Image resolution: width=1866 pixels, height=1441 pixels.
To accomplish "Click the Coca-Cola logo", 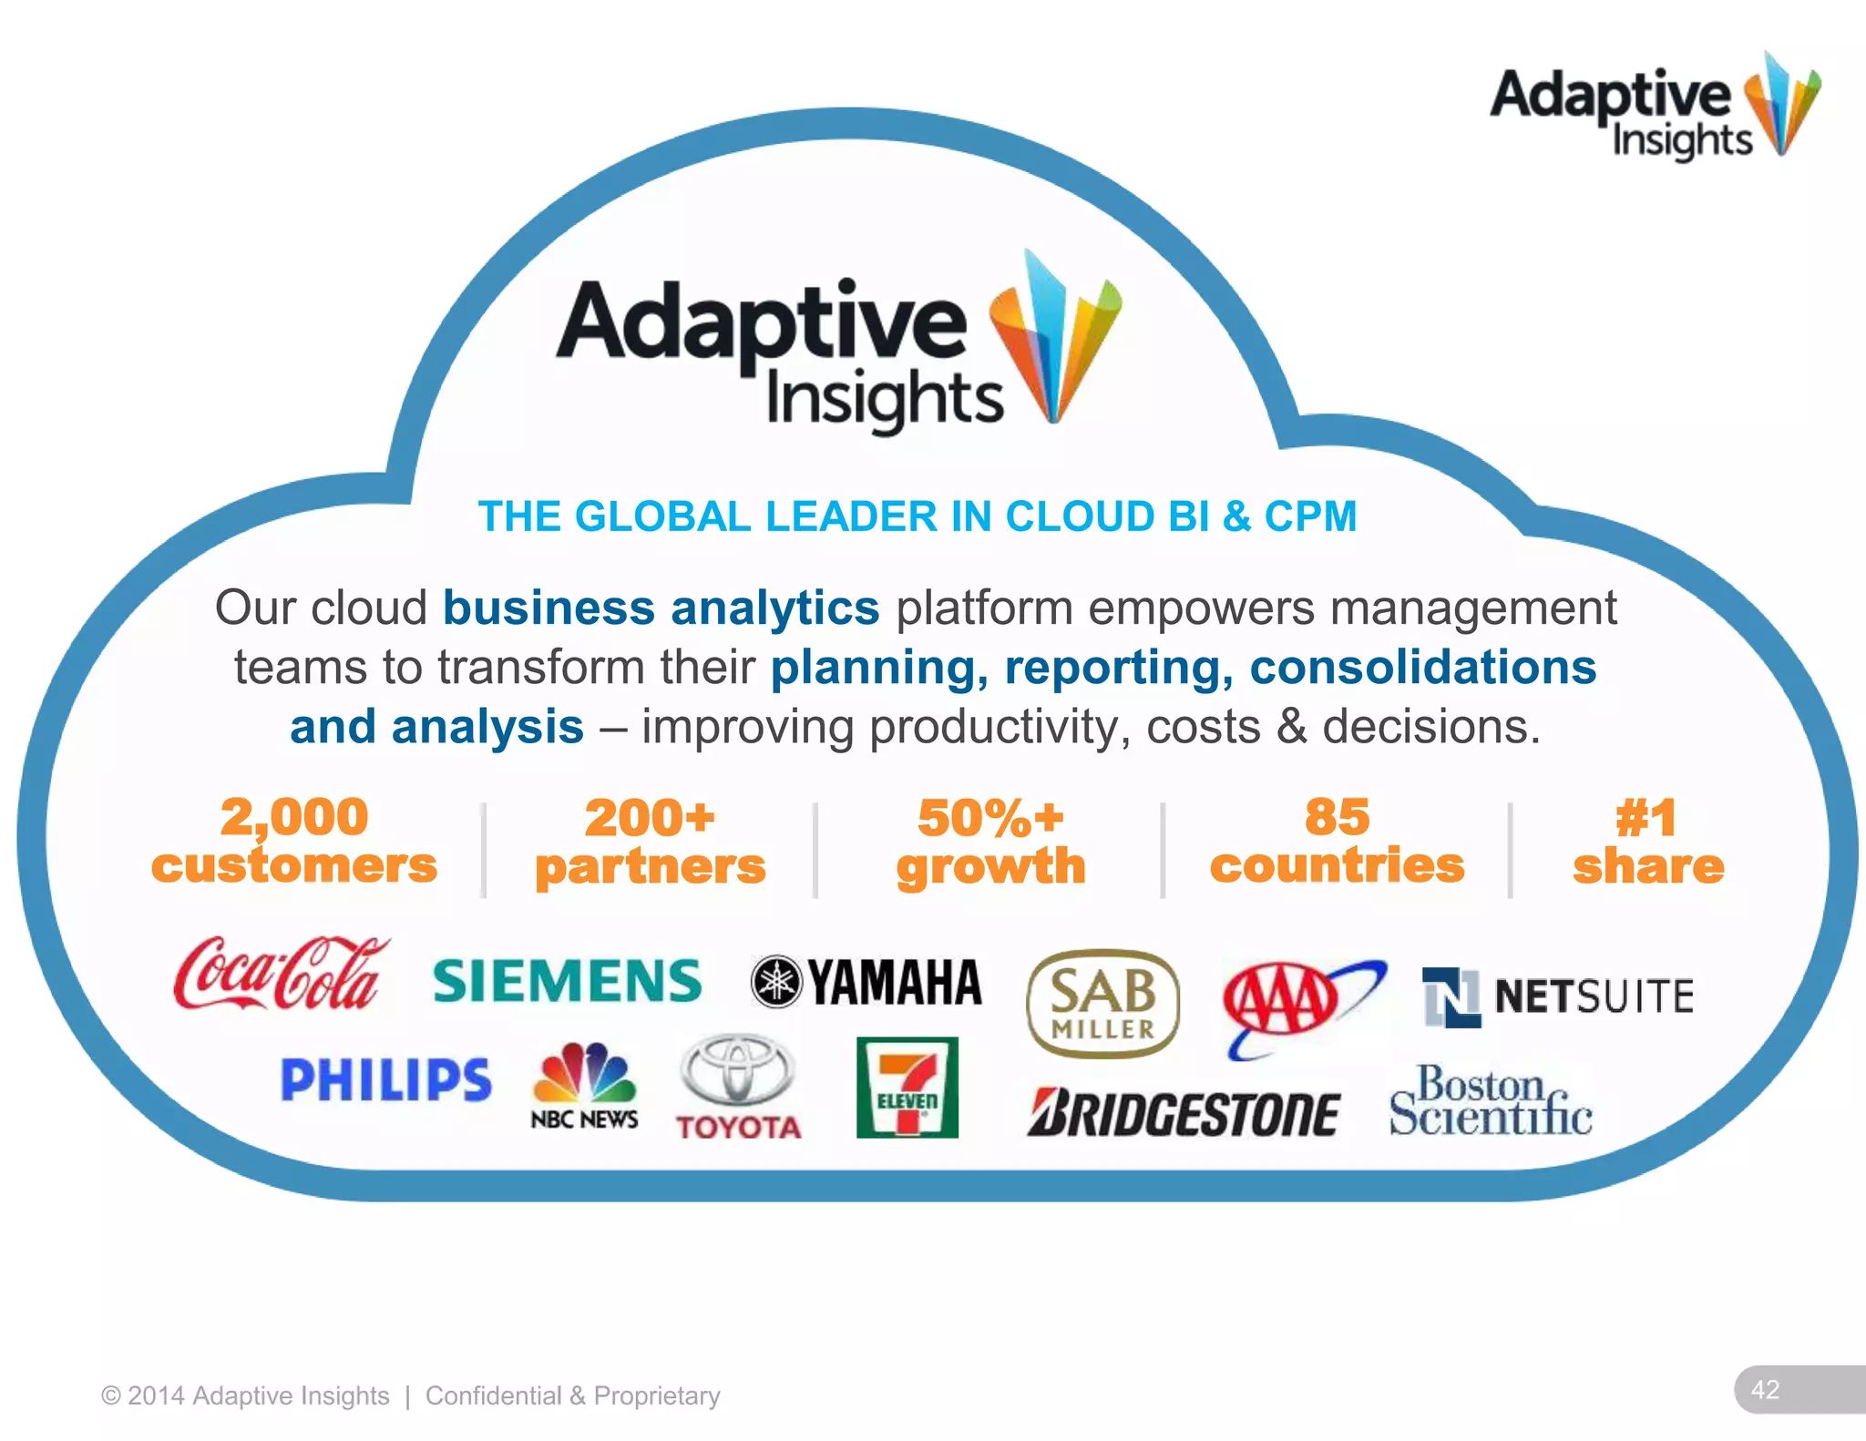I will coord(281,973).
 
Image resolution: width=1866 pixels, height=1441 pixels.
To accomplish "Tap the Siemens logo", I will coord(567,981).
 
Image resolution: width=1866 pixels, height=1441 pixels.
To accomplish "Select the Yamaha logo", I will coord(866,982).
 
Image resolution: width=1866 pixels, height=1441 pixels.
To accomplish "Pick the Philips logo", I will coord(385,1079).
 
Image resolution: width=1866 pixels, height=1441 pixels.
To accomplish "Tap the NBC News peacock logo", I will coord(584,1085).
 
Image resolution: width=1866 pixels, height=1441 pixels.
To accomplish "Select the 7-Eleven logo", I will coord(907,1088).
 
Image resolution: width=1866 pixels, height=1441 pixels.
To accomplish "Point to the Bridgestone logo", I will coord(1184,1112).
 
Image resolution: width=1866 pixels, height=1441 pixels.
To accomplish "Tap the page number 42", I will coord(1765,1389).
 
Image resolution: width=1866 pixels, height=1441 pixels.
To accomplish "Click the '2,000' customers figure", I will coord(294,816).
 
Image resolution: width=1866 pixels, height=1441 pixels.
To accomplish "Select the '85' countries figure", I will coord(1337,816).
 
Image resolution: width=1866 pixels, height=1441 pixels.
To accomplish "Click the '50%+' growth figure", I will coord(990,817).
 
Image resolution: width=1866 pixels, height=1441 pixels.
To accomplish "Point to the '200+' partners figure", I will coord(650,817).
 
